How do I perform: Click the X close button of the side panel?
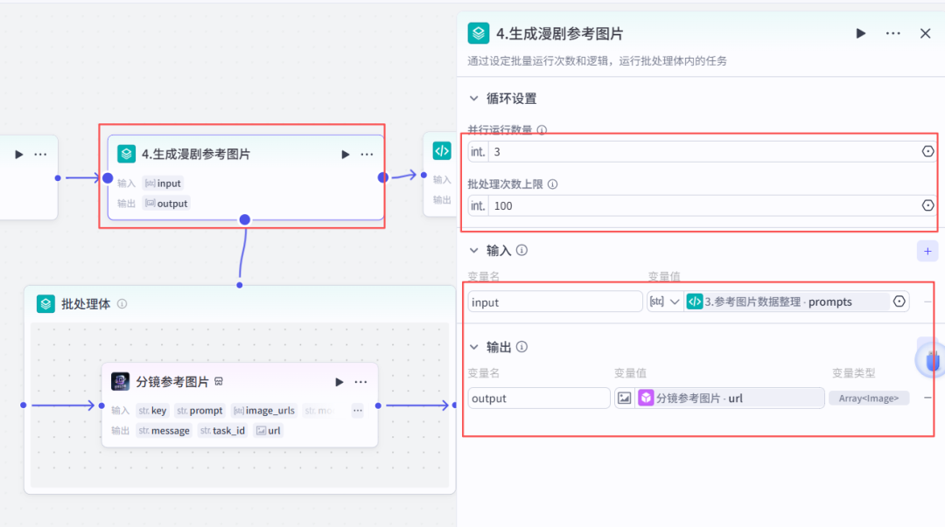pos(925,33)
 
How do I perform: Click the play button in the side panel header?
pos(861,33)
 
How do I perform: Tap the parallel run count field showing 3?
pos(700,151)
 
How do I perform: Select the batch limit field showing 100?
pos(700,205)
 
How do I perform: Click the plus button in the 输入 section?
pos(927,251)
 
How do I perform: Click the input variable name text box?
pos(555,302)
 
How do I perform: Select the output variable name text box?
pos(538,398)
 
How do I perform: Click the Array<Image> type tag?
pos(869,398)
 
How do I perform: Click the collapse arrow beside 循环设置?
pos(474,99)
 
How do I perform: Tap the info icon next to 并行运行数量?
pos(542,130)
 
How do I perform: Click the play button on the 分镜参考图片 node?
pos(339,382)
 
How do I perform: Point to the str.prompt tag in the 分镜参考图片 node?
pos(199,410)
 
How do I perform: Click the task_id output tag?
pos(222,430)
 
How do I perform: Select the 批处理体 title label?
pos(86,304)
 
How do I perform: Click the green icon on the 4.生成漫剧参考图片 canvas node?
pos(127,154)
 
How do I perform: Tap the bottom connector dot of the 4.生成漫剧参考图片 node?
pos(245,219)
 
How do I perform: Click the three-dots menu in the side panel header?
pos(892,33)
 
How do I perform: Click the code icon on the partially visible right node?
pos(442,150)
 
